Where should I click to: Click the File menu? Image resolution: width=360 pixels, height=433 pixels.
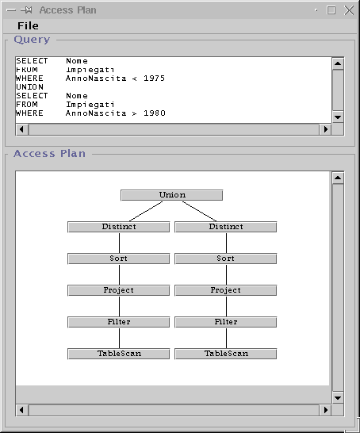28,25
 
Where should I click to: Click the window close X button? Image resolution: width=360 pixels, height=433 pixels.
349,10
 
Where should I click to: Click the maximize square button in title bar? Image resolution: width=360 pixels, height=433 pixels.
331,10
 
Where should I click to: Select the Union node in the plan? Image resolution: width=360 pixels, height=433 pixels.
172,195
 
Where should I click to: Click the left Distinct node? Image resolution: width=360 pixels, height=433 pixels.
119,227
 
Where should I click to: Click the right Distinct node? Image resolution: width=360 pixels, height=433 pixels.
226,227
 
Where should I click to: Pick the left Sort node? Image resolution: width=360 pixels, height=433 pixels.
119,259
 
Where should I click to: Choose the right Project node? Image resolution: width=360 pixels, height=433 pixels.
226,290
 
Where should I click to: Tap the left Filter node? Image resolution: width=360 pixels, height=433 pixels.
119,322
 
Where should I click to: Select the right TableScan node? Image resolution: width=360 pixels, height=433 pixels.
226,354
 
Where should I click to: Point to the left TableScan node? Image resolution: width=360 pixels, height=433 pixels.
119,354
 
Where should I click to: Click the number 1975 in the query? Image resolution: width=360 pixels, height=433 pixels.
154,79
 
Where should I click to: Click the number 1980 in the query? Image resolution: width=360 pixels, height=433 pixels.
155,113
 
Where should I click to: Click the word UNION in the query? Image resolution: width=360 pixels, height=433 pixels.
30,87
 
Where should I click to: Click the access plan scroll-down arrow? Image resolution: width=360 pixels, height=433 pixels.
338,398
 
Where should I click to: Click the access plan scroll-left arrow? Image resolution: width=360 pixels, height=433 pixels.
22,410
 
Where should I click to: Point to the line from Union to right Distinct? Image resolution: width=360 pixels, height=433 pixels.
199,211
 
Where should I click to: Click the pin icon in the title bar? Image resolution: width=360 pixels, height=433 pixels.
26,10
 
